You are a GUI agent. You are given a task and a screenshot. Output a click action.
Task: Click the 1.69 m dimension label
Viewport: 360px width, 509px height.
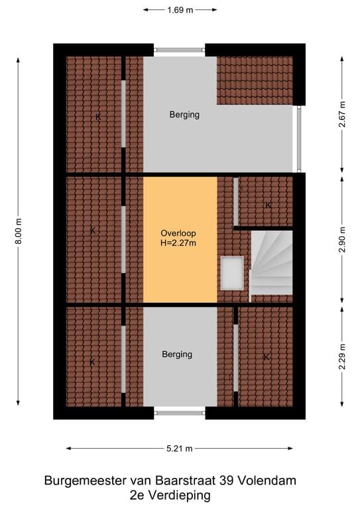click(x=180, y=10)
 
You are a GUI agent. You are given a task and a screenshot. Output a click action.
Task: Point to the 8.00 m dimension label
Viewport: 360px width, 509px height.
click(x=19, y=231)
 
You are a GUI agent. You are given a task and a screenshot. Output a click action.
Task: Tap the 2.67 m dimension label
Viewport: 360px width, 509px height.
click(x=342, y=115)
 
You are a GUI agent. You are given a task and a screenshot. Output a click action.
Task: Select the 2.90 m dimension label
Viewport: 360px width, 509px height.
click(x=342, y=239)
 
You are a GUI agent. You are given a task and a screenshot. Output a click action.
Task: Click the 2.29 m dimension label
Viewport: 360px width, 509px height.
click(x=342, y=357)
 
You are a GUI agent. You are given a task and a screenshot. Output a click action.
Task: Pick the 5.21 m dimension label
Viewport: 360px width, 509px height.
click(x=180, y=449)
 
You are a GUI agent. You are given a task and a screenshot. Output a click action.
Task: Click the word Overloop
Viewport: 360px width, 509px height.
click(x=178, y=233)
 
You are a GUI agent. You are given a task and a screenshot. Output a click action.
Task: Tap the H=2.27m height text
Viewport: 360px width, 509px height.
click(x=178, y=243)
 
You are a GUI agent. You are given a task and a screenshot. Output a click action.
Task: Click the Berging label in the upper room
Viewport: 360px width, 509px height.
click(x=184, y=115)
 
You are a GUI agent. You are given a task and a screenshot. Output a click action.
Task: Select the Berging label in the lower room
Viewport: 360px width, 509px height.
click(x=177, y=355)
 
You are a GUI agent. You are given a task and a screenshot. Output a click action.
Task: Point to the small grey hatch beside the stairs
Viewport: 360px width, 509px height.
click(x=232, y=273)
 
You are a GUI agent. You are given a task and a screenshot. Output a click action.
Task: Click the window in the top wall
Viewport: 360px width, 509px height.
click(x=180, y=50)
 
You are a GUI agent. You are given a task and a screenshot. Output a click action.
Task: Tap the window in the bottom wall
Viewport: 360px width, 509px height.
click(x=180, y=413)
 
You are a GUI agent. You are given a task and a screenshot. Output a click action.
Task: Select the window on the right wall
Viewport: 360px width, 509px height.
click(x=299, y=139)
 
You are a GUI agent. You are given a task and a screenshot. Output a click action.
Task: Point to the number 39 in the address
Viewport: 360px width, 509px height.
click(x=226, y=481)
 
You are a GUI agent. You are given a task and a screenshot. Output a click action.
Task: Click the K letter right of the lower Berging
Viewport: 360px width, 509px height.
click(x=266, y=357)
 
